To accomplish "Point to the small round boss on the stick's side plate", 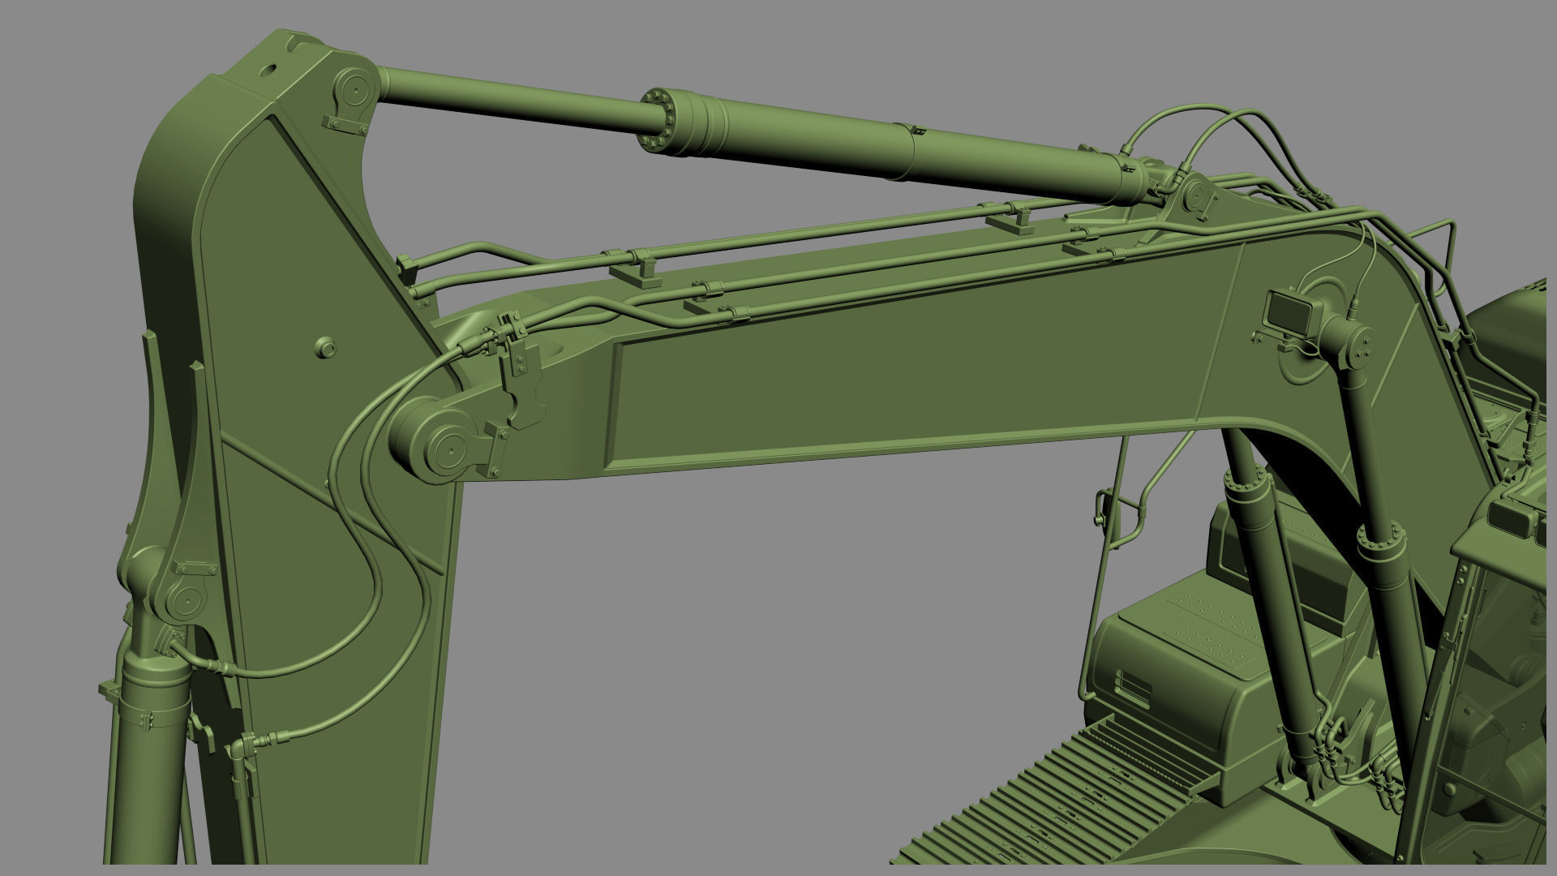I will click(325, 347).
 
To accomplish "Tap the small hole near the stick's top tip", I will click(268, 71).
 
